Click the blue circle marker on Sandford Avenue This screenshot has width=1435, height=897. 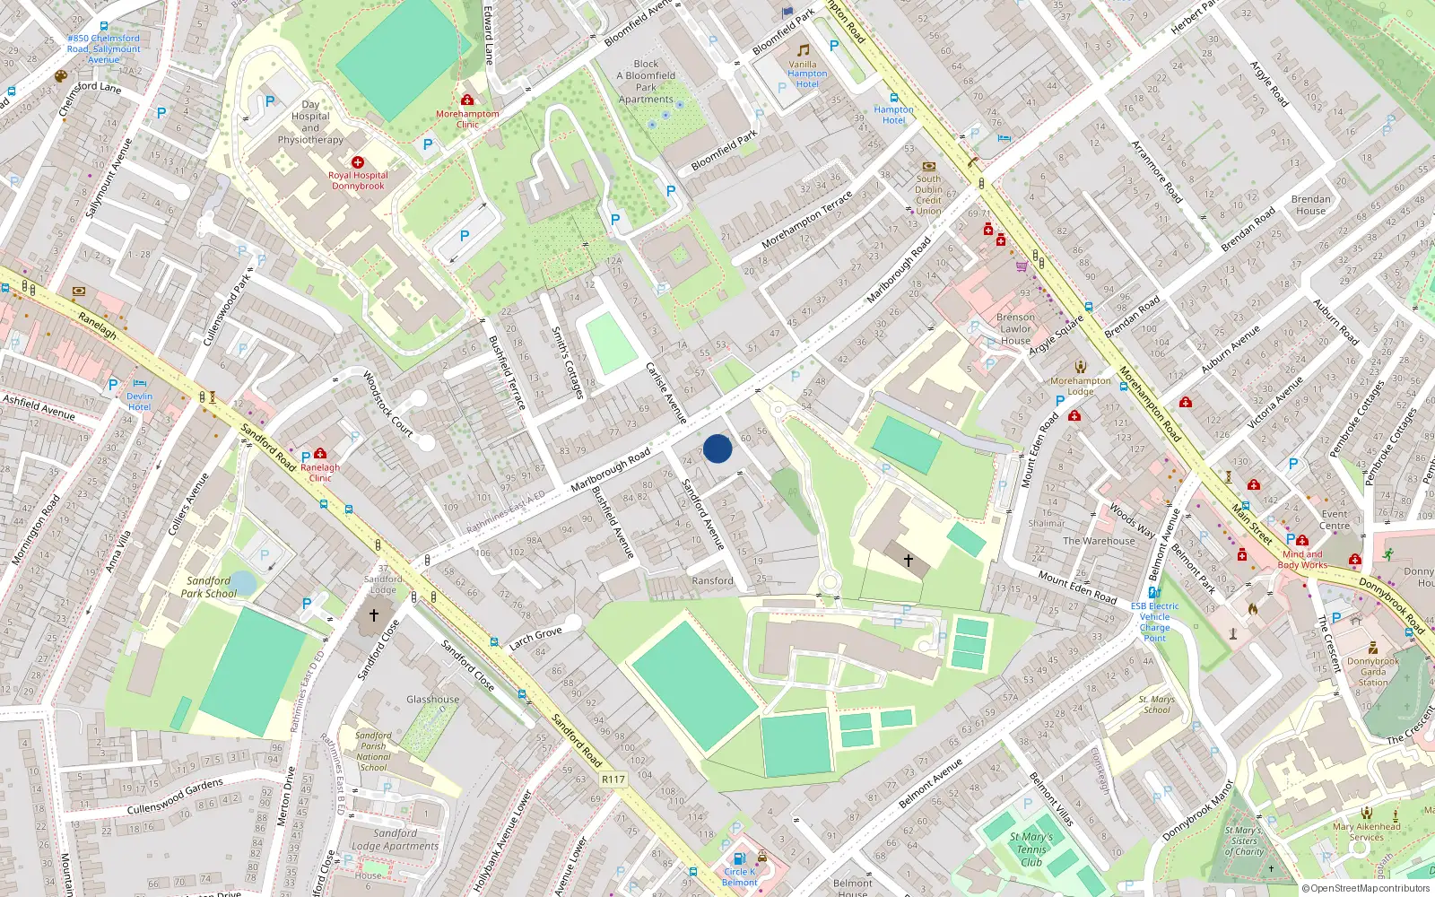pos(717,448)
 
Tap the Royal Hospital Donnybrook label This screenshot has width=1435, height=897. pos(358,181)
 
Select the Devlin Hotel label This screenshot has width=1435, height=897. pos(139,402)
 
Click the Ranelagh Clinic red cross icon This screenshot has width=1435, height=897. pos(320,454)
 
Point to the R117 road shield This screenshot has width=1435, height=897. pos(613,779)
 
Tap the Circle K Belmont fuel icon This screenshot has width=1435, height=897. pos(739,858)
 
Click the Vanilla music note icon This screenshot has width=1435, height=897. pos(804,50)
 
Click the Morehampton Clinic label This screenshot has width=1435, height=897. pos(467,119)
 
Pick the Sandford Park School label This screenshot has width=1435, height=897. pos(209,587)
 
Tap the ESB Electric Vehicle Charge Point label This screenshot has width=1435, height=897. pos(1154,622)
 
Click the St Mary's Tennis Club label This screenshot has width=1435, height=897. pos(1031,849)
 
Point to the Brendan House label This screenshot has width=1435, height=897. pos(1310,205)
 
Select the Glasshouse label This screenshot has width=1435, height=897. pos(432,700)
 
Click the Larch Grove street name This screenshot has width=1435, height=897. pos(535,638)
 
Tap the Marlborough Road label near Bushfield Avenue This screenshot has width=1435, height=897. pos(611,470)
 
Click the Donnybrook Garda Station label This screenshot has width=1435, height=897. pos(1373,672)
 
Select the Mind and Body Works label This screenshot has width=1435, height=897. pos(1301,560)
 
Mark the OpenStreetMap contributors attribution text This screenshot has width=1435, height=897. pos(1365,888)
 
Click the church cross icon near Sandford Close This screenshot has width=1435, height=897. pos(374,615)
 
